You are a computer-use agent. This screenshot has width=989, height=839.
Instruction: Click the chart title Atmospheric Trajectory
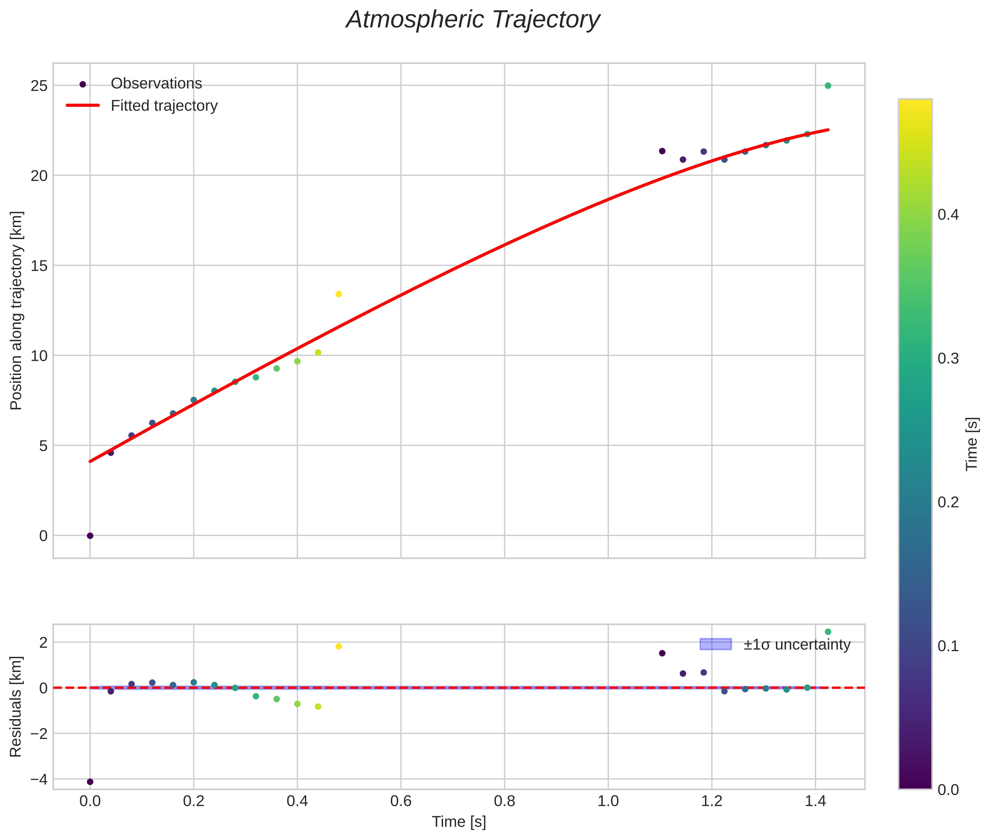[x=472, y=20]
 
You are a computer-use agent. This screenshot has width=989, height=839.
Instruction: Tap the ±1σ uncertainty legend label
[x=796, y=645]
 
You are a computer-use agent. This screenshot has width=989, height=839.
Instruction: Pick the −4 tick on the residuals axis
[x=39, y=780]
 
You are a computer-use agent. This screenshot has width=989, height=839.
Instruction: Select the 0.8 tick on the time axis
[x=504, y=801]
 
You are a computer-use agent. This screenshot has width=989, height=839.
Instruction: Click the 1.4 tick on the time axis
[x=815, y=801]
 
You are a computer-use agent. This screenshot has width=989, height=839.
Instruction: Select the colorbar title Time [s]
[x=972, y=444]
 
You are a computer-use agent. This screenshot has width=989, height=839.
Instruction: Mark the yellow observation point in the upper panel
[x=338, y=294]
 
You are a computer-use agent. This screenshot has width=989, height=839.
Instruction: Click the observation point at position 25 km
[x=827, y=86]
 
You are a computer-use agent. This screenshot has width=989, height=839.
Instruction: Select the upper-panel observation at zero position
[x=90, y=536]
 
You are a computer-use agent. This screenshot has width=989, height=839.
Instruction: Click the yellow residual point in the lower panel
[x=338, y=646]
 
